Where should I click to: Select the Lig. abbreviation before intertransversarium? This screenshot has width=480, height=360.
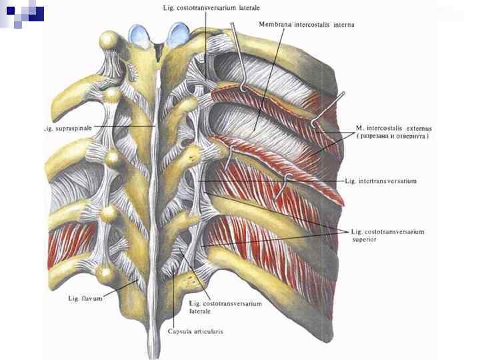(x=351, y=180)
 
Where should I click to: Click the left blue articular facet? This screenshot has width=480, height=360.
(x=141, y=33)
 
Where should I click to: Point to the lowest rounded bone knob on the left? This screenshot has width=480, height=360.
(x=105, y=273)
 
